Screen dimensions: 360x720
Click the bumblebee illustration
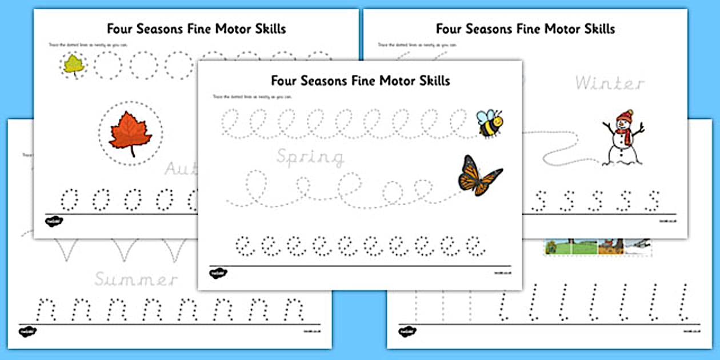coord(490,123)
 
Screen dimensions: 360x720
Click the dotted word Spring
coord(310,157)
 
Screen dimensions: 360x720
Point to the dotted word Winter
coord(609,83)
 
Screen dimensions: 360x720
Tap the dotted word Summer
coord(136,279)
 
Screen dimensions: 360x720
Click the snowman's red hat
coord(625,115)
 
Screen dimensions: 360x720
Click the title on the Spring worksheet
coord(360,80)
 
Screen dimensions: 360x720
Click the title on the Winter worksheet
coord(525,29)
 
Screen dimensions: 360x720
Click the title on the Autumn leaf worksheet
coord(196,29)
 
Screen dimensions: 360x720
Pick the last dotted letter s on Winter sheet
coord(651,200)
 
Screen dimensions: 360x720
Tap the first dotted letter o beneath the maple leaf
coord(69,198)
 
